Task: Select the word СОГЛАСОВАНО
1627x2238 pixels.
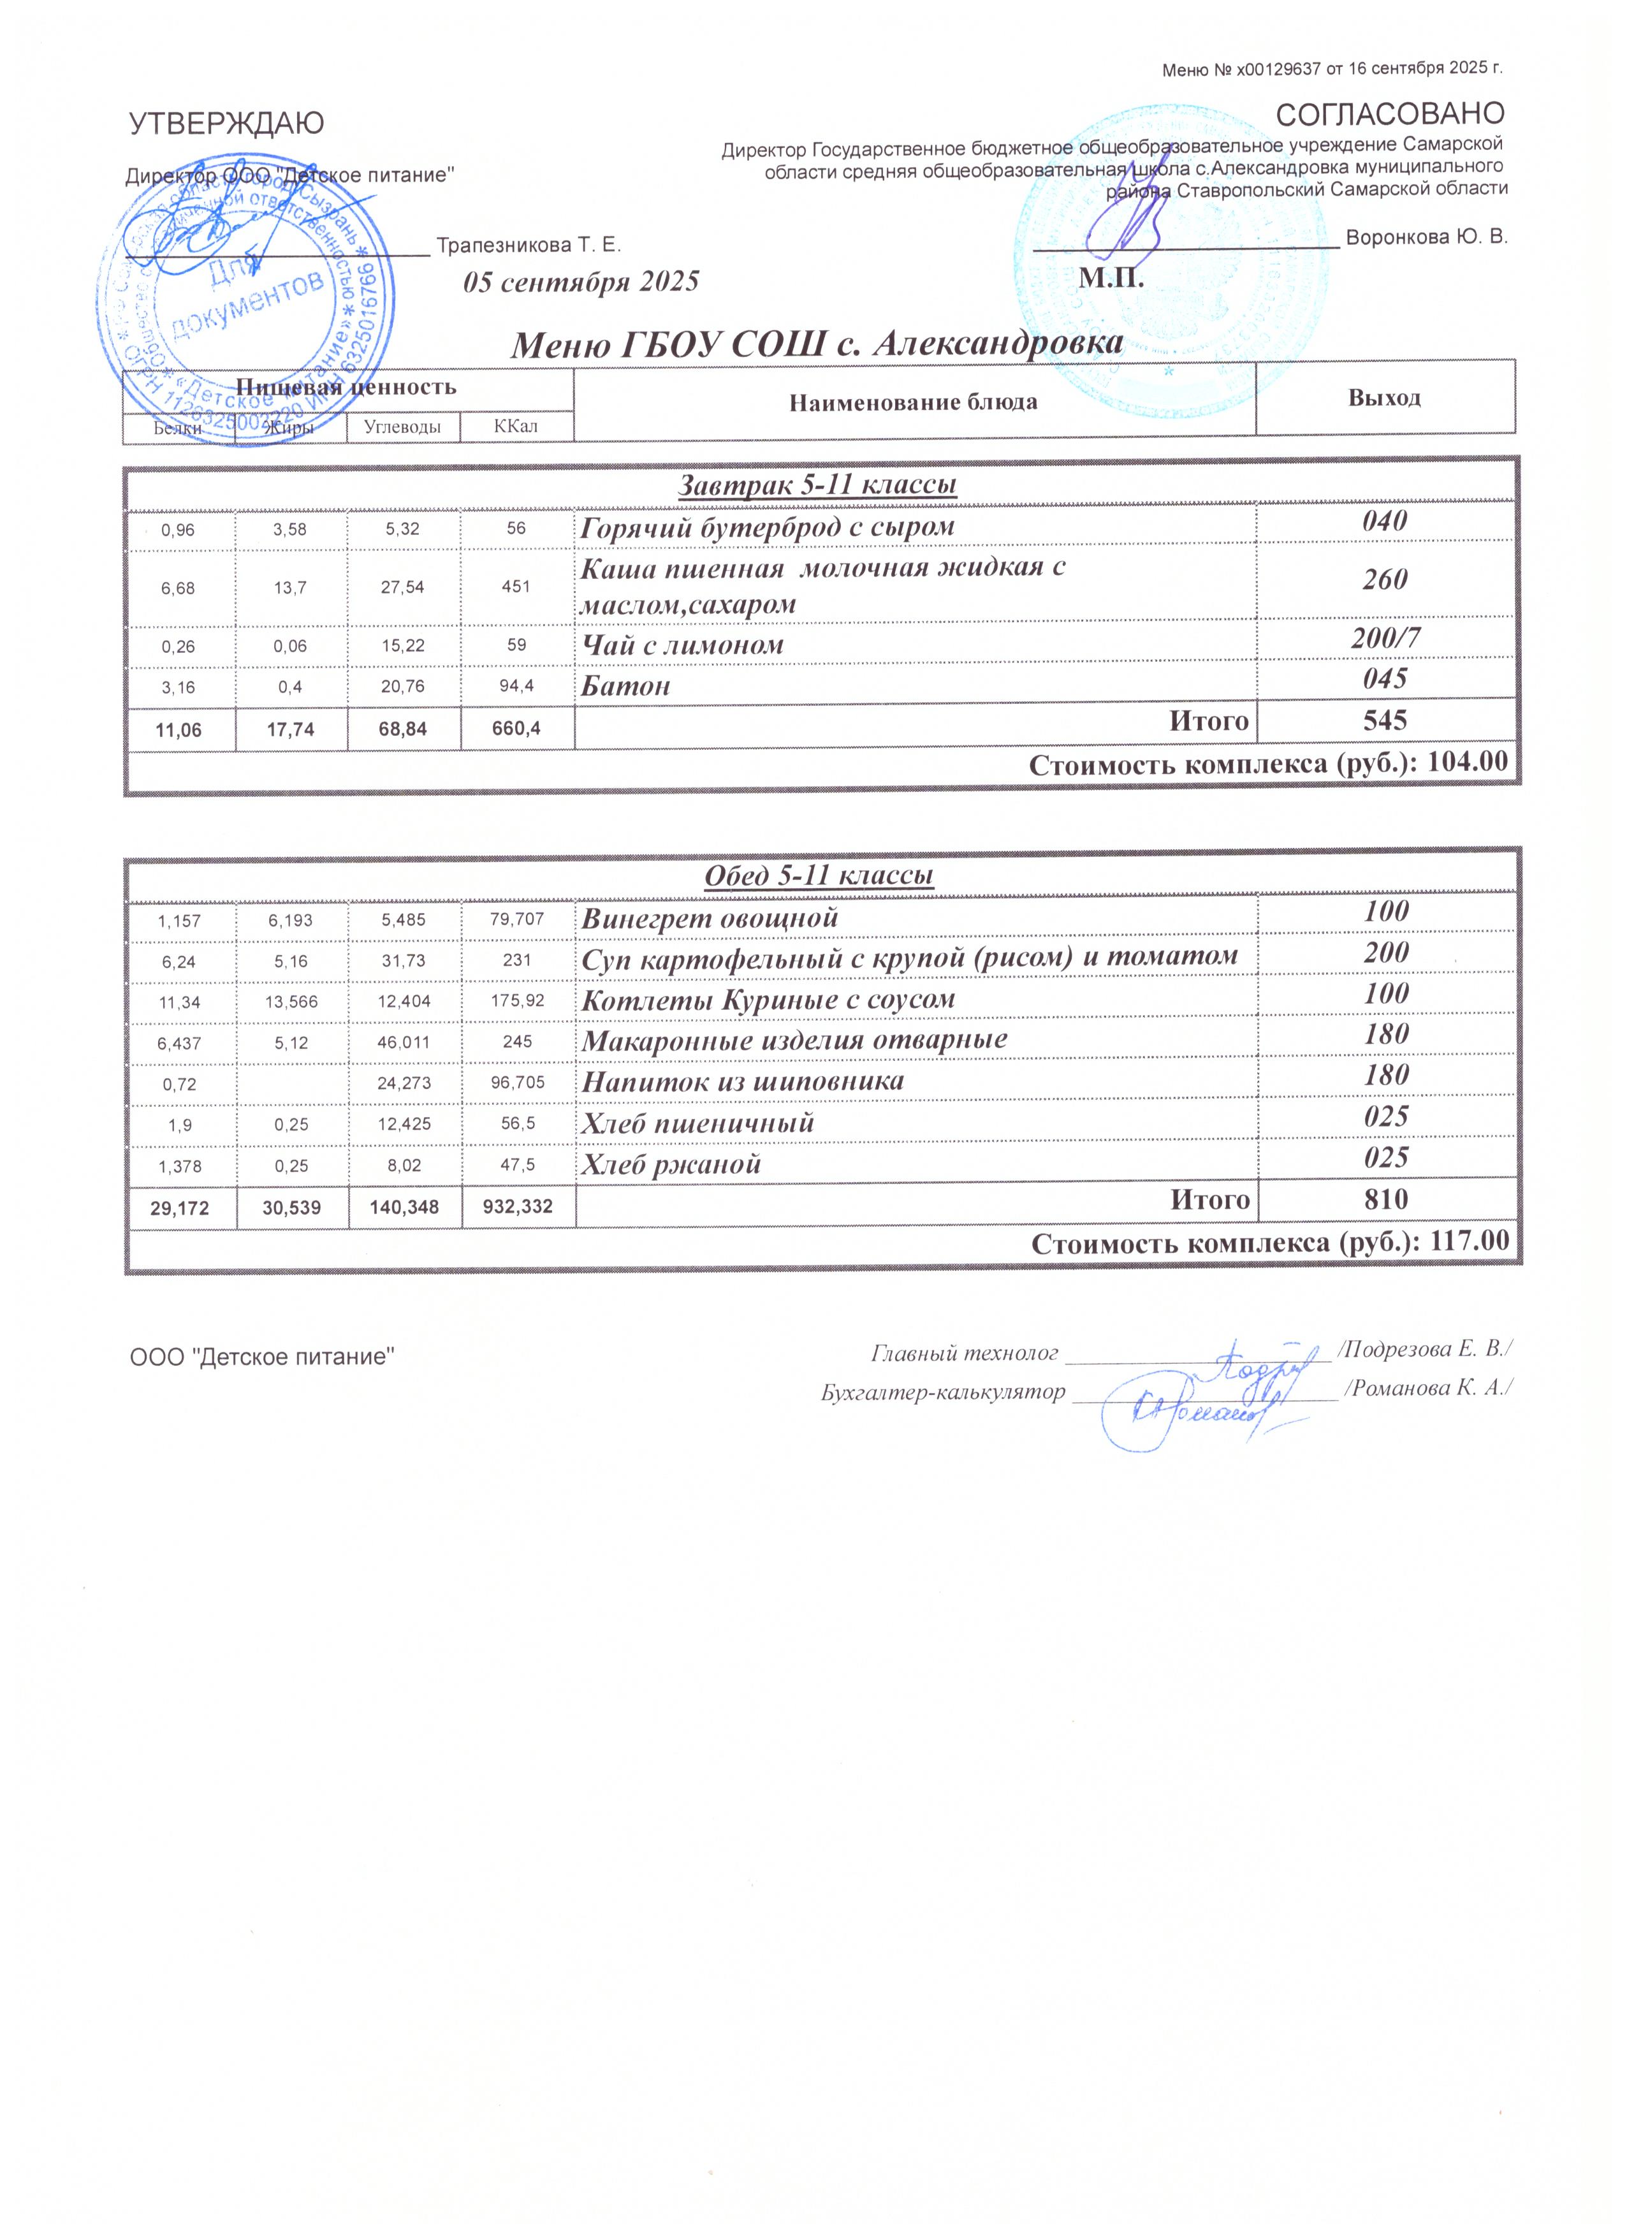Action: tap(1390, 115)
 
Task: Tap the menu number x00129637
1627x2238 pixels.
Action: tap(1288, 69)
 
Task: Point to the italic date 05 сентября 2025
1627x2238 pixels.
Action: tap(581, 282)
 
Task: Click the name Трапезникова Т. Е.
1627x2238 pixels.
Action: tap(529, 244)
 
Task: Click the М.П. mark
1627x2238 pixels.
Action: tap(1111, 278)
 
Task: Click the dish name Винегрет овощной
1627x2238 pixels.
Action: tap(710, 918)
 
